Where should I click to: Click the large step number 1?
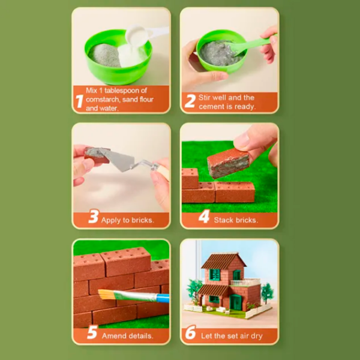point(79,101)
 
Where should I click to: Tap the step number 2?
point(190,101)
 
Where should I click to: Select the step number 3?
point(94,216)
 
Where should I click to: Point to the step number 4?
point(204,216)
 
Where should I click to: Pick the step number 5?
point(92,332)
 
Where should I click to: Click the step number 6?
point(190,332)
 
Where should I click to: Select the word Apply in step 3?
point(111,220)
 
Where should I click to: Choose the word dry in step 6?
point(256,337)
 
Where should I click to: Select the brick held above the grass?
point(228,163)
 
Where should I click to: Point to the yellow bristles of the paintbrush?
point(106,295)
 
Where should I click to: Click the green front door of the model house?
point(236,302)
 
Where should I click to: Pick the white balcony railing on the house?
point(245,283)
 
